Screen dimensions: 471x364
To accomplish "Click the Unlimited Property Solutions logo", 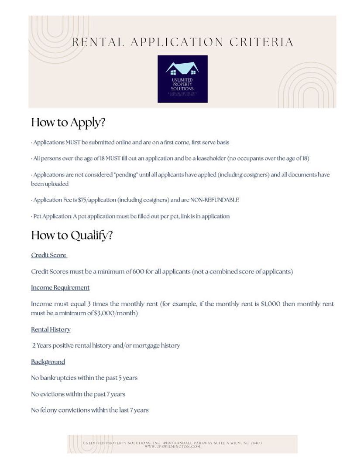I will pos(182,79).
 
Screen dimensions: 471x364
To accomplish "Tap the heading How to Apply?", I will pos(68,123).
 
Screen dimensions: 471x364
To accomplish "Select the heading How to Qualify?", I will pos(72,235).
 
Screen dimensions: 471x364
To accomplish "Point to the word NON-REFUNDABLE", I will pos(215,200).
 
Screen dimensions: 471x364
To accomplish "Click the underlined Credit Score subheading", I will pos(48,255).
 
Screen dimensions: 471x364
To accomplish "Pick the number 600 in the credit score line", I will pos(138,271).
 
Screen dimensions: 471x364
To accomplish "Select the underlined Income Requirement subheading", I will pos(60,287).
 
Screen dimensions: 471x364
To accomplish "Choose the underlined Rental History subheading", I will pos(51,329).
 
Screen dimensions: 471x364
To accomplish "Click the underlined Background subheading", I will pos(48,362).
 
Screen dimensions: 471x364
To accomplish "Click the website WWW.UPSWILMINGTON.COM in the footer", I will pos(173,447).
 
